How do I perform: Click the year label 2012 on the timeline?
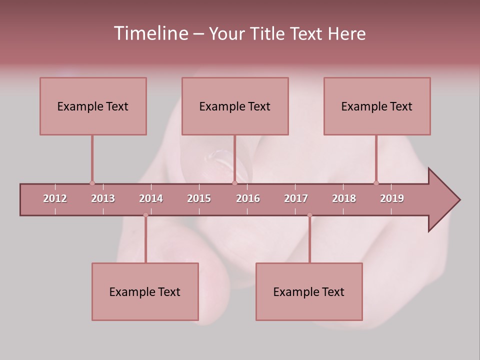click(x=55, y=198)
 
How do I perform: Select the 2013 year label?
click(x=103, y=198)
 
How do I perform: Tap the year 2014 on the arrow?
click(x=151, y=198)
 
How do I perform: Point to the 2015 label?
click(x=199, y=198)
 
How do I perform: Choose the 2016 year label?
click(x=248, y=198)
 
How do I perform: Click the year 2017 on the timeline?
click(x=296, y=198)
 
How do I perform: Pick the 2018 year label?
click(x=344, y=198)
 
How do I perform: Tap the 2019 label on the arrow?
click(x=392, y=198)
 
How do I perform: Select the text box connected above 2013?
click(x=93, y=106)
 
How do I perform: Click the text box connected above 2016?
click(x=235, y=106)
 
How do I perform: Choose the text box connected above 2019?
click(x=377, y=106)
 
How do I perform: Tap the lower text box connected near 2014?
click(x=145, y=291)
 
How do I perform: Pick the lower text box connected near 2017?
click(x=309, y=291)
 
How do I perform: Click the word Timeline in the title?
click(x=149, y=33)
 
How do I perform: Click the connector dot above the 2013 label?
click(x=92, y=183)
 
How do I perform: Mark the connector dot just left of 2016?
click(x=234, y=183)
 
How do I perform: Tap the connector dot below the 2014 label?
click(x=145, y=215)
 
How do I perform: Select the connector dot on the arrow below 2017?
click(x=309, y=215)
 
